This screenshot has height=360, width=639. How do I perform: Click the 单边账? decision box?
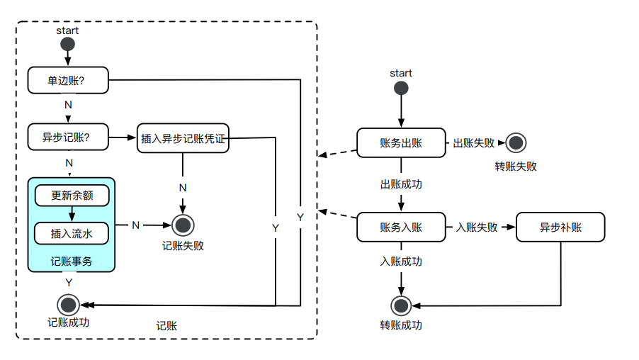pos(69,80)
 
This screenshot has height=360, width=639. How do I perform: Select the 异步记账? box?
pos(69,137)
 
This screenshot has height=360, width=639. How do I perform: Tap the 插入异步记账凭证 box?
pos(183,139)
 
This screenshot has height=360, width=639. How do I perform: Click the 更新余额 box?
pos(72,195)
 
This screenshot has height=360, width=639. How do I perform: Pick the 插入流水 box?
pos(72,232)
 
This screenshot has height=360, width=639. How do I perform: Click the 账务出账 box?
pos(401,142)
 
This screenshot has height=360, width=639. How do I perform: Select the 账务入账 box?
pos(401,227)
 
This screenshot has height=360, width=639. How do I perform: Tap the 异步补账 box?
pos(560,227)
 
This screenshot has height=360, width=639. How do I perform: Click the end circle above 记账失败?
pos(183,225)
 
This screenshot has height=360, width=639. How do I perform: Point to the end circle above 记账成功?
pos(69,305)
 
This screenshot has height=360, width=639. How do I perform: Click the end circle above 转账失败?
pos(516,143)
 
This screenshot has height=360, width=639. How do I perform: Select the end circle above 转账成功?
pos(401,306)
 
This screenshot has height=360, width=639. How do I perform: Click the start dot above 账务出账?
pos(401,89)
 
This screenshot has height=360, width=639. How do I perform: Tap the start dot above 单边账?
pos(68,45)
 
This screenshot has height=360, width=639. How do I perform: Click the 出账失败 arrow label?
pos(473,143)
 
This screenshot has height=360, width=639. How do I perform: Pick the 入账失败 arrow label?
pos(476,227)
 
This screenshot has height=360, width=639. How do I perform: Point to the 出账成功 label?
pos(401,184)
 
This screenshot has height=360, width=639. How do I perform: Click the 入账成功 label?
pos(401,261)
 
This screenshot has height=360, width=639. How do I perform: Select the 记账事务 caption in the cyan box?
pos(72,261)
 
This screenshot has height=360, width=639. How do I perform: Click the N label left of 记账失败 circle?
pos(135,225)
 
